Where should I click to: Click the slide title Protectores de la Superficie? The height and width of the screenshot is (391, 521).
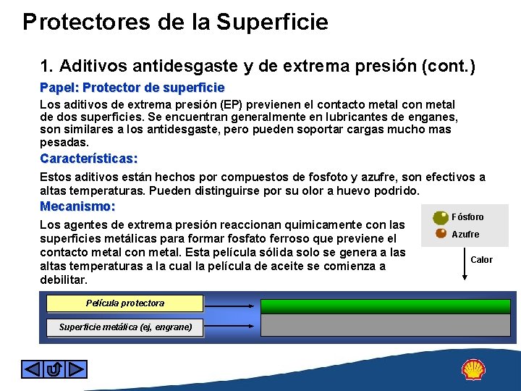175,22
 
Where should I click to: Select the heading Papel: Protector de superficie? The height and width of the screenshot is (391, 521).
132,88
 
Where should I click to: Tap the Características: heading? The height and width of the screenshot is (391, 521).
88,159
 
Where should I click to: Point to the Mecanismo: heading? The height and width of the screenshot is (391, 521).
77,206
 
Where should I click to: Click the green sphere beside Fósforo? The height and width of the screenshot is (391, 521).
440,217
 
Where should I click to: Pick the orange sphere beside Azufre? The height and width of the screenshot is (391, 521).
441,233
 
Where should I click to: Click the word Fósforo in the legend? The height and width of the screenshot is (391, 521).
467,217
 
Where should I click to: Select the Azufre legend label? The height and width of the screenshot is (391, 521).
465,235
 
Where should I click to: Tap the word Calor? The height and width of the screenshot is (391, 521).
481,259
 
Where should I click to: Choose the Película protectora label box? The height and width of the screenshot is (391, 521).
124,303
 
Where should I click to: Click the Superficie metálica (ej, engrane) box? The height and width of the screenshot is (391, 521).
124,327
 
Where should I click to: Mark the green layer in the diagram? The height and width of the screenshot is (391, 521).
388,306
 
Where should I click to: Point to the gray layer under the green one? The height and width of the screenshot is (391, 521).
388,326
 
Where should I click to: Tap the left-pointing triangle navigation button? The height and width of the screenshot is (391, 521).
32,369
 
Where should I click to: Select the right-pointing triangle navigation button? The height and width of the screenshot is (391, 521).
77,369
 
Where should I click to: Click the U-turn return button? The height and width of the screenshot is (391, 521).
54,369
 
